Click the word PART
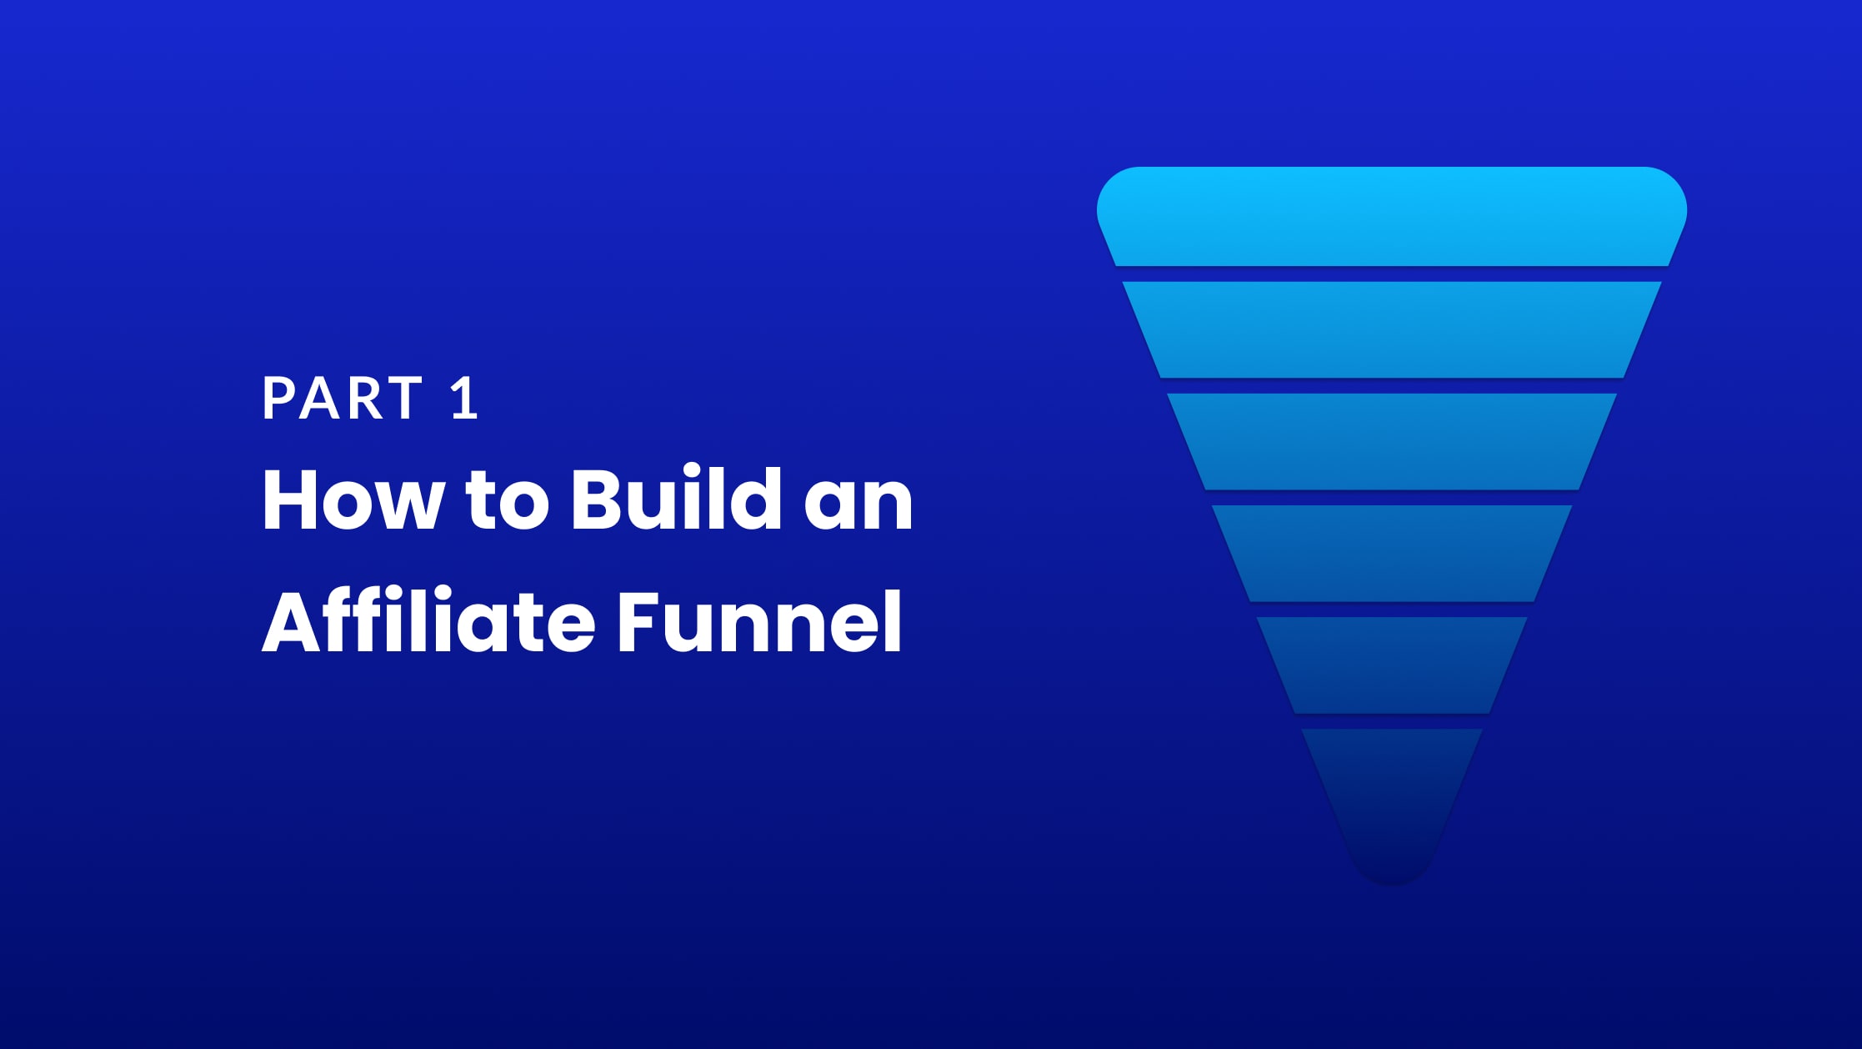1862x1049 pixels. [x=343, y=398]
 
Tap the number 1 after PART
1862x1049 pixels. [x=464, y=398]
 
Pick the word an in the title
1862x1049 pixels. [x=858, y=506]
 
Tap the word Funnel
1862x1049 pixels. [x=759, y=621]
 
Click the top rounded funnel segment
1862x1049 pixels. [x=1392, y=217]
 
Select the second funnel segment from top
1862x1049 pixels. [x=1392, y=329]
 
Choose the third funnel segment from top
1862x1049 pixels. [x=1392, y=441]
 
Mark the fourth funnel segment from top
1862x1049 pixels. [x=1392, y=553]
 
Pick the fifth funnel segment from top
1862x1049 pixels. [x=1392, y=665]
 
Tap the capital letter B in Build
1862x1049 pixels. [x=598, y=499]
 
